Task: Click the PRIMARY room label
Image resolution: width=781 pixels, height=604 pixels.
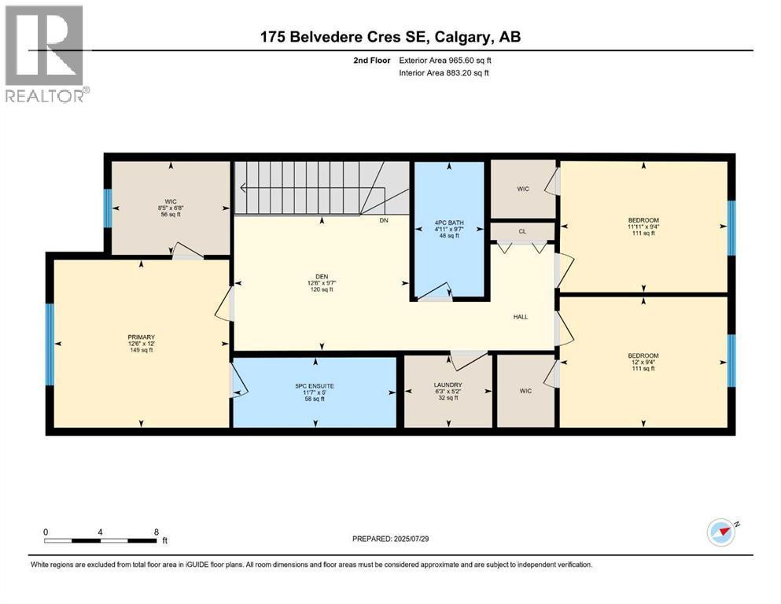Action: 142,337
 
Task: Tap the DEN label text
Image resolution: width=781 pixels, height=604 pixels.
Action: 321,275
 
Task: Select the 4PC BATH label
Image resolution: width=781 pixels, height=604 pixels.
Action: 449,223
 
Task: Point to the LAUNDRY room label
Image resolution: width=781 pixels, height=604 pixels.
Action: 448,385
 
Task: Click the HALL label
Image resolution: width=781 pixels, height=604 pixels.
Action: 520,317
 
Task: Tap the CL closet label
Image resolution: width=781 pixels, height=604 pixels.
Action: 522,231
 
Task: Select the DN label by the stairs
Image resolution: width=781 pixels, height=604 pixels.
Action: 384,220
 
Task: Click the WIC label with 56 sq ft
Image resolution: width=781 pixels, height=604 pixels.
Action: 171,201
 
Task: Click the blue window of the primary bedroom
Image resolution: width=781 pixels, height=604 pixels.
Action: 50,344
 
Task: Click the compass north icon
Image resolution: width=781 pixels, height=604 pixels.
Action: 721,532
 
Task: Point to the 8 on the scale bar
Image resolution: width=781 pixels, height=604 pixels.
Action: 157,532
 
